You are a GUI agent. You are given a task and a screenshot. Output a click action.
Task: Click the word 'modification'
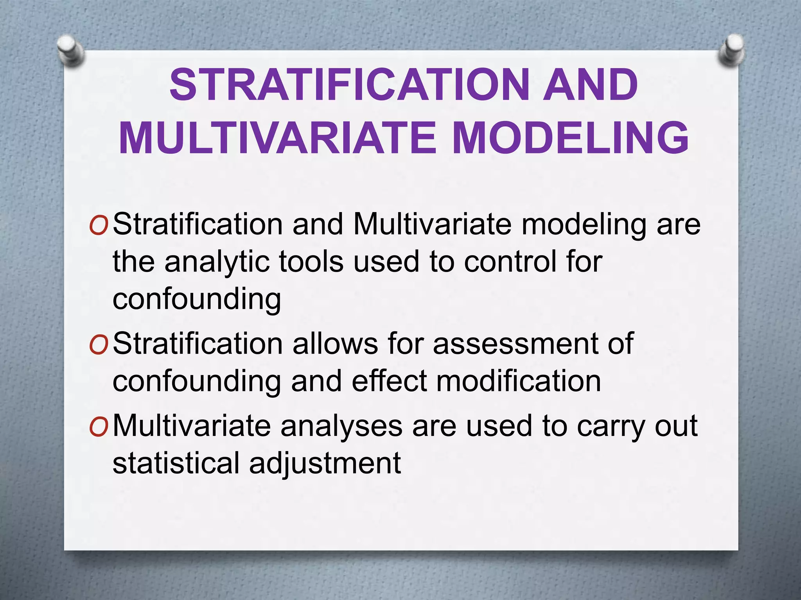point(519,381)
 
